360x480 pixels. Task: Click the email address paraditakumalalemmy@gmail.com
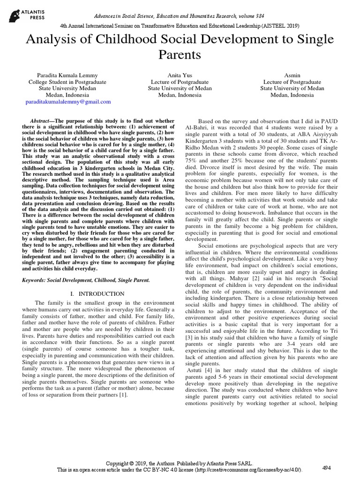pos(68,101)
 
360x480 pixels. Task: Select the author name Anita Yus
pos(180,75)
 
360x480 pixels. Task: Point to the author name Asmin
pos(292,75)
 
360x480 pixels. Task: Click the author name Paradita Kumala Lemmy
pos(68,75)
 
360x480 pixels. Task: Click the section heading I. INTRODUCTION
pos(97,293)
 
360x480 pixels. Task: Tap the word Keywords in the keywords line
pos(36,280)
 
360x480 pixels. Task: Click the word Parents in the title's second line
pos(180,55)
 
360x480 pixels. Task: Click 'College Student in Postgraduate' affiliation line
pos(68,82)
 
